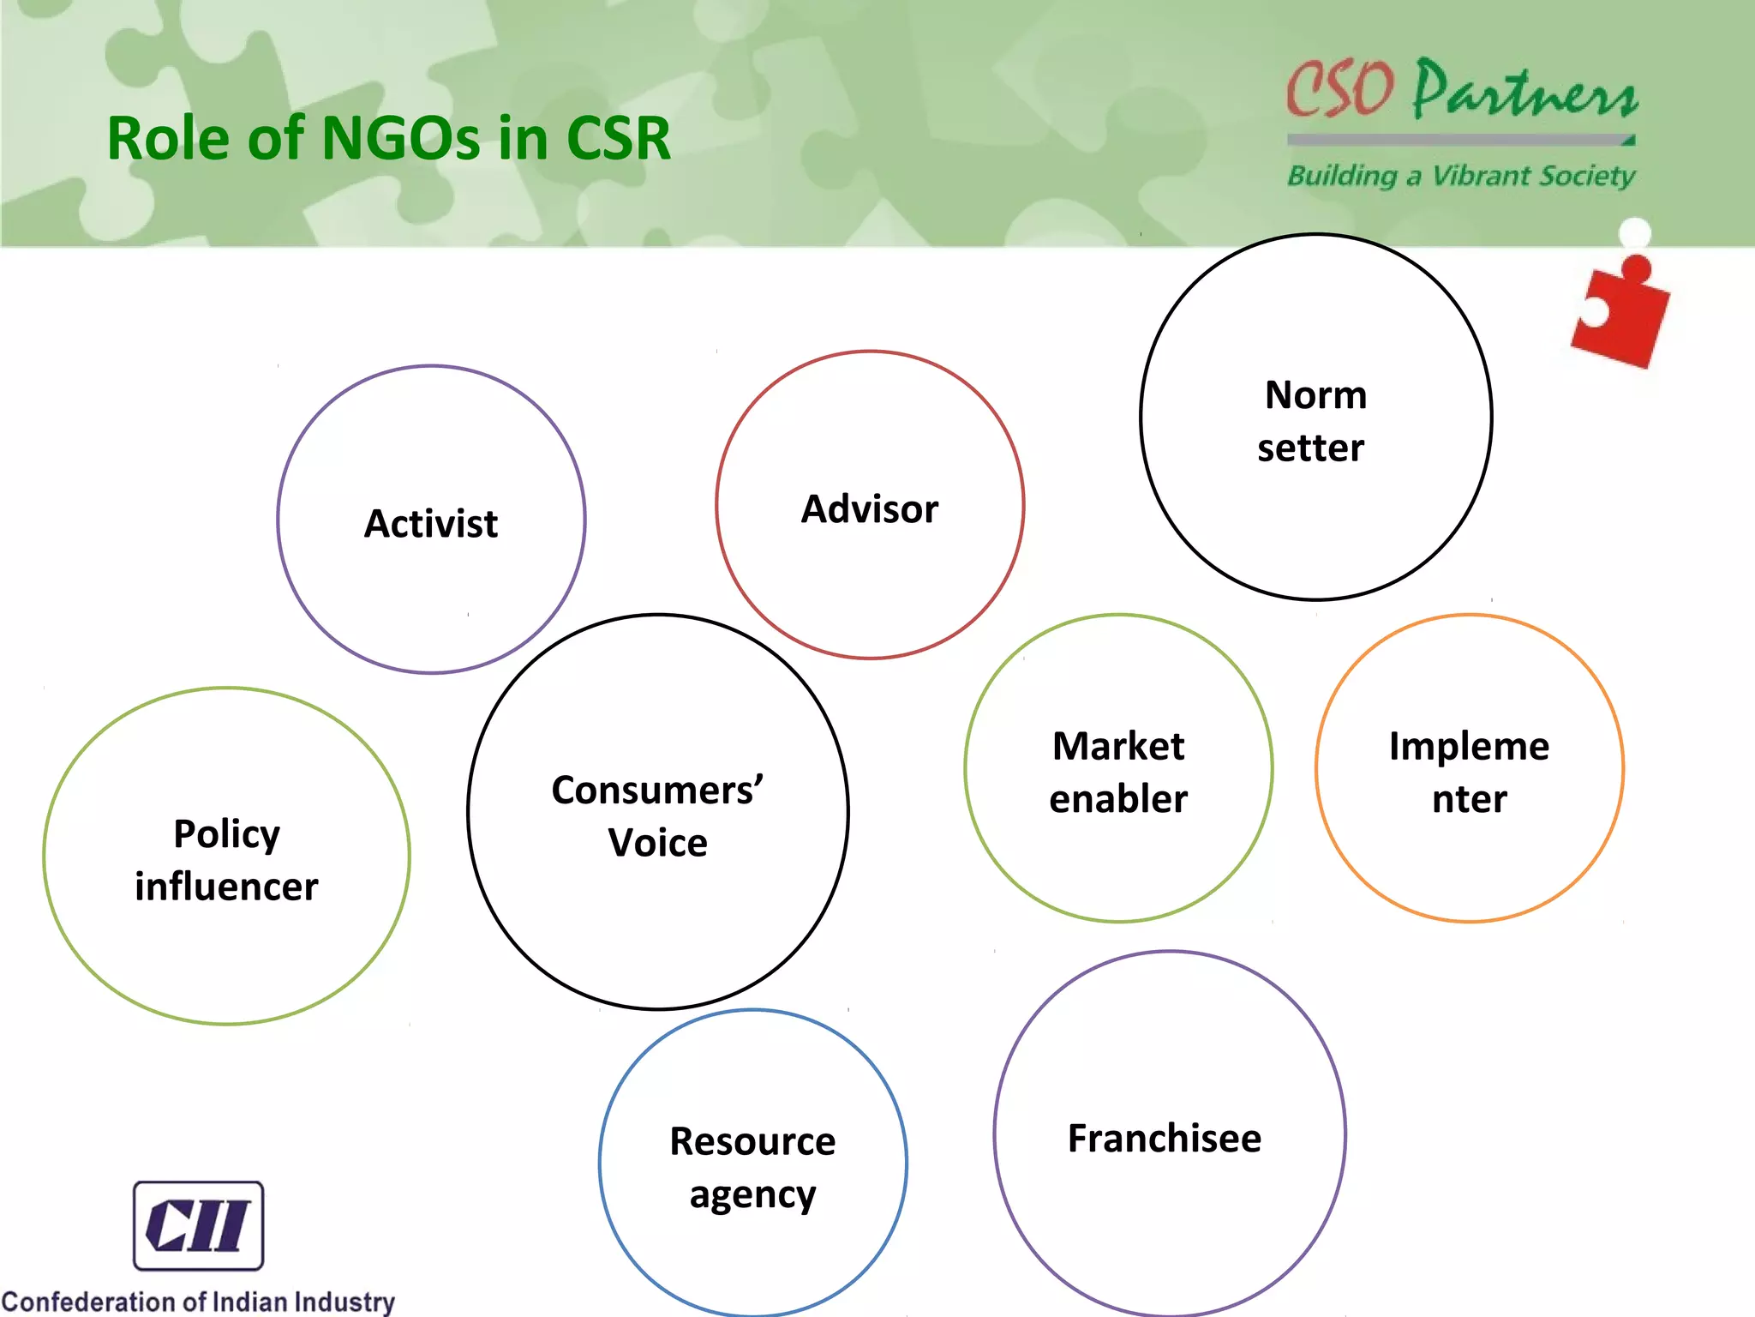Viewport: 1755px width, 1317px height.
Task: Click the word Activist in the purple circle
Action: coord(431,523)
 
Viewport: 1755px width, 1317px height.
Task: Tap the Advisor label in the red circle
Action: coord(869,509)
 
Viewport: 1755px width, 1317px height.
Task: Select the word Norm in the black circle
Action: coord(1315,395)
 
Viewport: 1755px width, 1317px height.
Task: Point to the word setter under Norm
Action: coord(1310,448)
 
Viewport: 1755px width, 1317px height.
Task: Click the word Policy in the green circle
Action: coord(226,834)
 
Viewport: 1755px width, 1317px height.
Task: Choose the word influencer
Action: coord(226,887)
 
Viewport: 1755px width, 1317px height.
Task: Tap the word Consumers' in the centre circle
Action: coord(657,790)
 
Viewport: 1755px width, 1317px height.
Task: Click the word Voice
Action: coord(657,843)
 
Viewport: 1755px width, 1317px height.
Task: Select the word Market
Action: coord(1118,746)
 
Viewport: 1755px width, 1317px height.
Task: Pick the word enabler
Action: coord(1118,799)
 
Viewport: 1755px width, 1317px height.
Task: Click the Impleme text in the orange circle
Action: coord(1469,746)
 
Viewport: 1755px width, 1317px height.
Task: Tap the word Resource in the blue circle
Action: coord(752,1141)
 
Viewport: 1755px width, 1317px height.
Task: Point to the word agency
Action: coord(752,1195)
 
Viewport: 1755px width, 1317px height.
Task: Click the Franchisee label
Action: coord(1165,1139)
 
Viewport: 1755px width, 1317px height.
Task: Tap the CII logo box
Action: coord(198,1225)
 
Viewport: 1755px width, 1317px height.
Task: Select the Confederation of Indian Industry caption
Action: coord(198,1302)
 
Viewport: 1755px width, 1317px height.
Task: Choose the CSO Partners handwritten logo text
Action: coord(1462,90)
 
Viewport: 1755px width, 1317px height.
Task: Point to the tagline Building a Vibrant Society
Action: coord(1461,176)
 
